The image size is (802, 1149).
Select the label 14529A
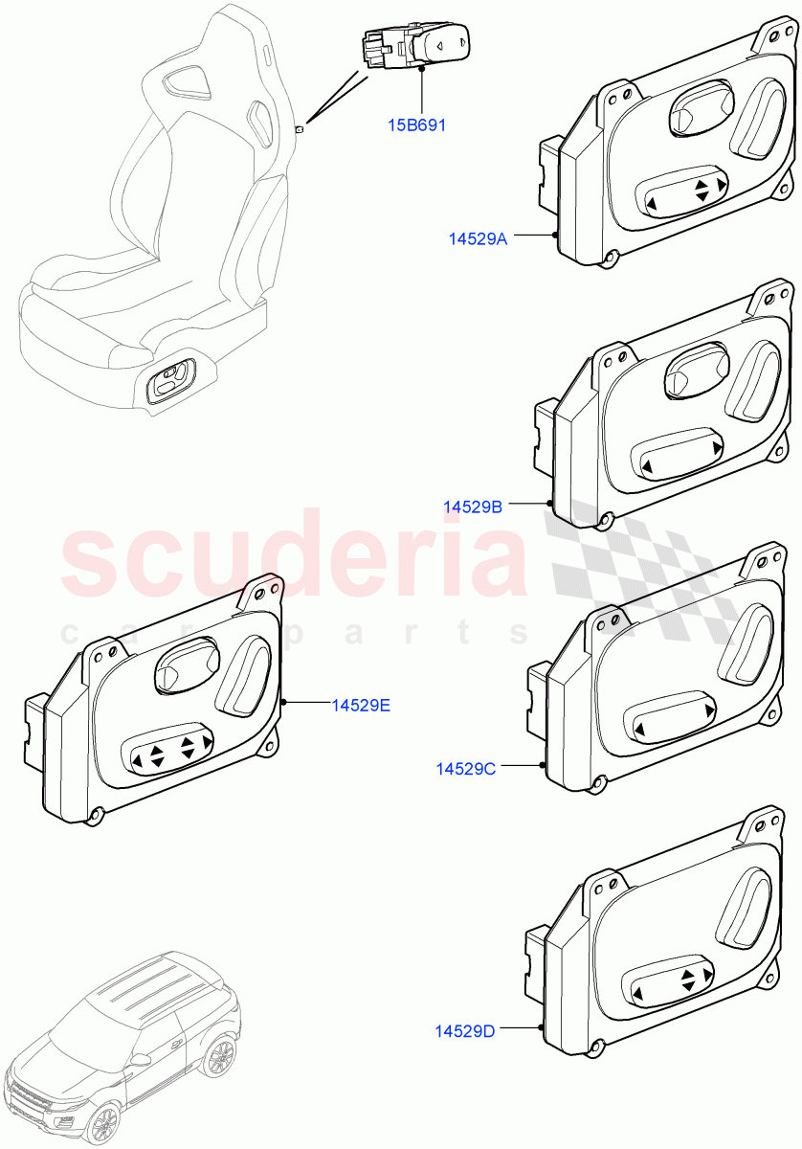pyautogui.click(x=478, y=238)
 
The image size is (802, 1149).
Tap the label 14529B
pyautogui.click(x=472, y=507)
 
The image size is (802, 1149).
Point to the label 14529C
pyautogui.click(x=465, y=768)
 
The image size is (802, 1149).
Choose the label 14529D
pyautogui.click(x=464, y=1031)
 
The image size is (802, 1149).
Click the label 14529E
pyautogui.click(x=361, y=705)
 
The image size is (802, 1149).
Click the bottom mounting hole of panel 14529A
pyautogui.click(x=611, y=257)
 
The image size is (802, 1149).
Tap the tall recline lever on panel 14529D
pyautogui.click(x=740, y=909)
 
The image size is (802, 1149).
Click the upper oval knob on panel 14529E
pyautogui.click(x=187, y=664)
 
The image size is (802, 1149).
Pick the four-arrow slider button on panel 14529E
pyautogui.click(x=172, y=753)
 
